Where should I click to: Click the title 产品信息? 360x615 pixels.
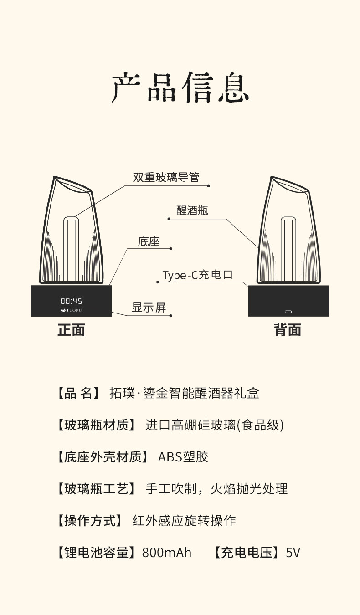click(180, 87)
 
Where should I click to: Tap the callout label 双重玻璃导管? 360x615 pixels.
click(166, 177)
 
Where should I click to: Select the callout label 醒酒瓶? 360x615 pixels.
click(192, 210)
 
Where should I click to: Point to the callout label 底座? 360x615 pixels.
click(149, 241)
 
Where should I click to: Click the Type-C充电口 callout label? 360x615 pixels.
click(198, 275)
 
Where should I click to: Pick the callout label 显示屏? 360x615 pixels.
click(149, 307)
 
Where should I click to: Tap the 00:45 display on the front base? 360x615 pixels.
click(72, 301)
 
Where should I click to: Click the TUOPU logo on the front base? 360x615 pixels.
click(72, 310)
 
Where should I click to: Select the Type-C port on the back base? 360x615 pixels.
click(288, 312)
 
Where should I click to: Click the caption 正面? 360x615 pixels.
click(72, 330)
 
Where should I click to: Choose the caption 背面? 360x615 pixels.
click(288, 330)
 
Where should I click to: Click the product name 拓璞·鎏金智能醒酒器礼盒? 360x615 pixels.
click(185, 393)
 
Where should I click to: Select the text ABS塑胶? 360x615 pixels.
click(183, 457)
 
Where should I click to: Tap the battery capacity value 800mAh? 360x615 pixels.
click(167, 553)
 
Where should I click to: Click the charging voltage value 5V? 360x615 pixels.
click(293, 553)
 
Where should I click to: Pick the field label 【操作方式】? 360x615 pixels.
click(89, 521)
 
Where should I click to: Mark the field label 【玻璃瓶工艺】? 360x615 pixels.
click(96, 489)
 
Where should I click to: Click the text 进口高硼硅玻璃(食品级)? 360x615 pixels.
click(214, 425)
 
